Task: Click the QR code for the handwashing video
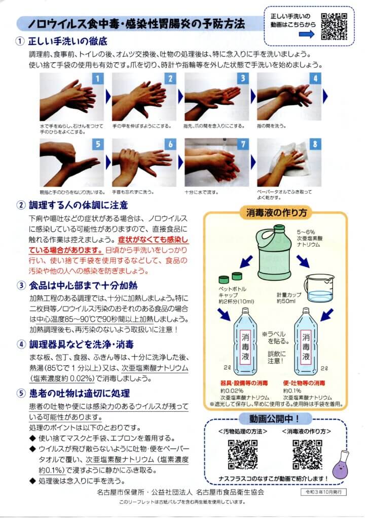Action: click(x=334, y=26)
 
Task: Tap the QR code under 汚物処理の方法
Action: click(x=243, y=454)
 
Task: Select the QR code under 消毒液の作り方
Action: click(x=307, y=454)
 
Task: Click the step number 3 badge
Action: click(x=243, y=78)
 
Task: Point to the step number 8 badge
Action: click(x=315, y=144)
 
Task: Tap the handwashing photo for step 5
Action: click(x=72, y=162)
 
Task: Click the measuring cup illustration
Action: click(x=319, y=288)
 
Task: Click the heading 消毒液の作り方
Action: click(x=276, y=212)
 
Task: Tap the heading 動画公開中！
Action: click(x=274, y=419)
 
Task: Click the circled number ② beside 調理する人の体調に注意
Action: click(x=21, y=205)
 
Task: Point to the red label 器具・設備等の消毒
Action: click(x=244, y=383)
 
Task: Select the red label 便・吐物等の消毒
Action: click(x=304, y=383)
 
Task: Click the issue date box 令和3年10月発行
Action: click(x=323, y=492)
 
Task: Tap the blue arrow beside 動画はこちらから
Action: click(x=307, y=34)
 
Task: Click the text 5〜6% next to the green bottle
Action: click(x=306, y=232)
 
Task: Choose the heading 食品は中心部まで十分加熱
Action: click(x=83, y=285)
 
